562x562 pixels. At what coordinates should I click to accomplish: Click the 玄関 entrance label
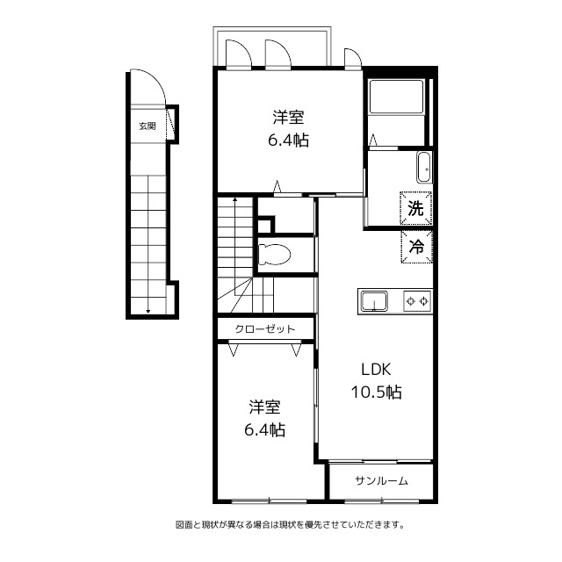[148, 126]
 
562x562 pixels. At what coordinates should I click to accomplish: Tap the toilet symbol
[274, 255]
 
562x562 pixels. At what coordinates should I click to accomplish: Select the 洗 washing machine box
[416, 208]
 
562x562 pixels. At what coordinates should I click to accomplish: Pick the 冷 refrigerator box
[417, 247]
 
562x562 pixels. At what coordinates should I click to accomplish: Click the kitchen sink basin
[374, 301]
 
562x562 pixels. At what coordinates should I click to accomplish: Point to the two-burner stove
[417, 301]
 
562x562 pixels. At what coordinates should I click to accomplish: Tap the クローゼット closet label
[265, 329]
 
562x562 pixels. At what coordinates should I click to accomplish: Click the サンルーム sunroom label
[381, 480]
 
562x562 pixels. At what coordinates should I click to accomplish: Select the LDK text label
[376, 370]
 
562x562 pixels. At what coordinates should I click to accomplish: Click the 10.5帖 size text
[376, 393]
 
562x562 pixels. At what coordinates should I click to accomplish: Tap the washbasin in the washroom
[425, 168]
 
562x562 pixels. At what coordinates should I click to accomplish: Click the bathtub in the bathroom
[396, 97]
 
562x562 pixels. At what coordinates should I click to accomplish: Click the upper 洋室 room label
[289, 118]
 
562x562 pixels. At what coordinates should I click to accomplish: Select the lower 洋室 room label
[265, 407]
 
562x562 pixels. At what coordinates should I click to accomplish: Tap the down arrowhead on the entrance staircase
[148, 311]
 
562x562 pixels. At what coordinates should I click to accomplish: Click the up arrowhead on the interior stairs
[235, 198]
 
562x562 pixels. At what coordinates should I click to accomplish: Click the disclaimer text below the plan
[290, 525]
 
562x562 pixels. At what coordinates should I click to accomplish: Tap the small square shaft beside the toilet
[264, 226]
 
